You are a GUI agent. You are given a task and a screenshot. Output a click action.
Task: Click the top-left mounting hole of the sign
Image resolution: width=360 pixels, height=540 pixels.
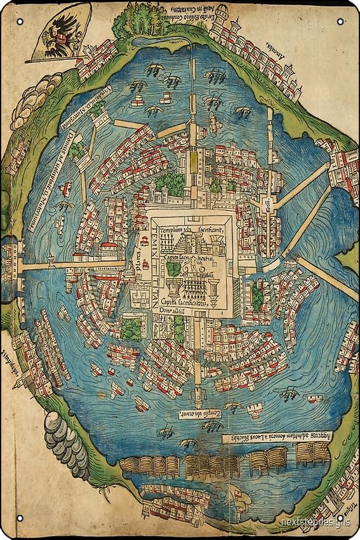20,22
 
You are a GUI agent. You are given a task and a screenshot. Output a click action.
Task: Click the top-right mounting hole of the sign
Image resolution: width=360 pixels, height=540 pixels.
341,22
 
